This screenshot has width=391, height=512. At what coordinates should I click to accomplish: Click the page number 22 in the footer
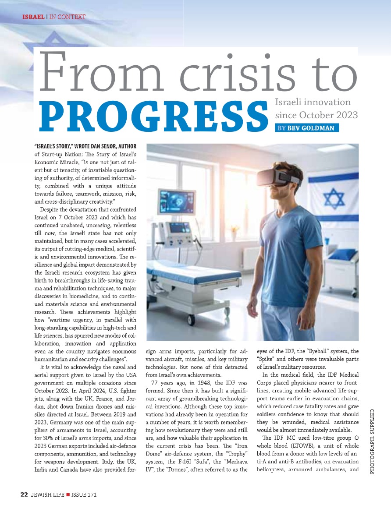(x=25, y=494)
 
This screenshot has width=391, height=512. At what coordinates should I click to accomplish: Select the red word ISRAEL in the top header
(x=33, y=17)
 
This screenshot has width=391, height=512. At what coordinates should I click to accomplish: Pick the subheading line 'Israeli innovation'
(x=312, y=102)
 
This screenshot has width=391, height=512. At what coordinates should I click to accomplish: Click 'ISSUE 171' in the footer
(x=84, y=494)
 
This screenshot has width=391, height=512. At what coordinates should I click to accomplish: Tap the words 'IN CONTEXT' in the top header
(x=67, y=17)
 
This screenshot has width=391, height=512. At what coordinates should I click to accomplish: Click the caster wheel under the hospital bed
(x=192, y=318)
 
